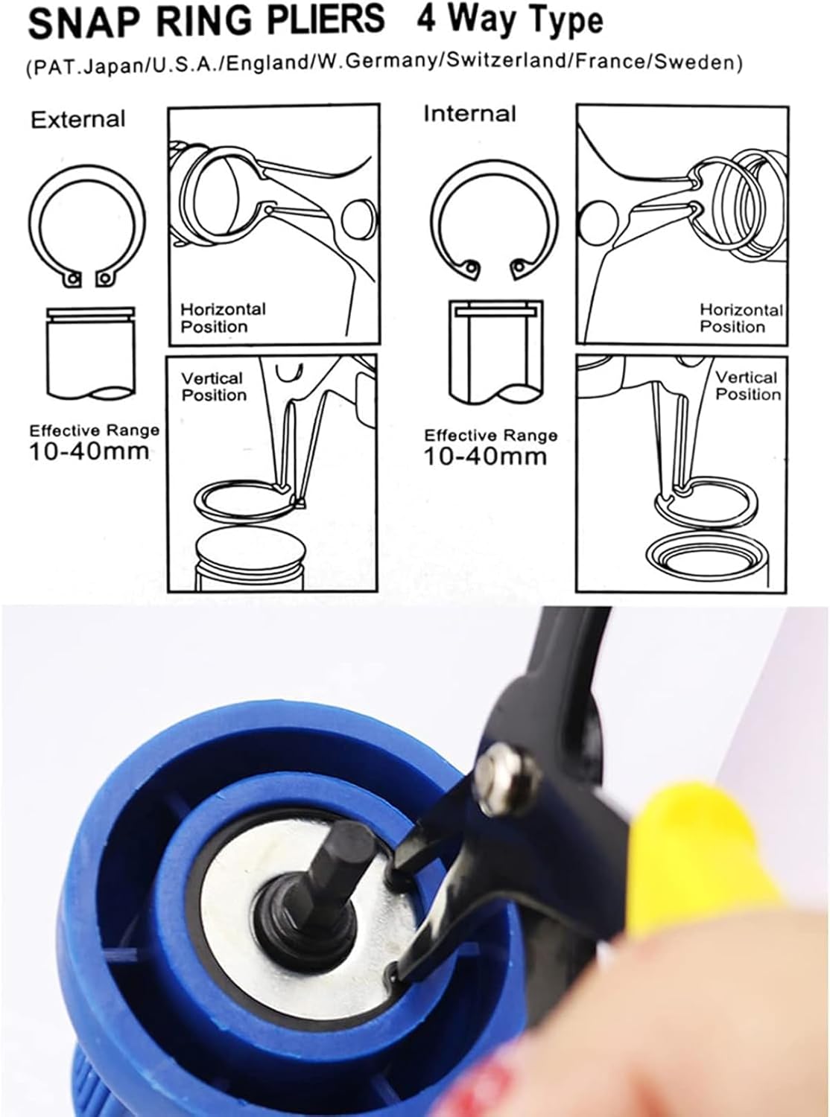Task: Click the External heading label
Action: (78, 120)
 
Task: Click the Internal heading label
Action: (469, 114)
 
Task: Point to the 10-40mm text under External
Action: (89, 452)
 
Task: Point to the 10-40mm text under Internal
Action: (485, 456)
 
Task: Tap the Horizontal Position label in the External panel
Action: (223, 318)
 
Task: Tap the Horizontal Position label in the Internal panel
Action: (741, 318)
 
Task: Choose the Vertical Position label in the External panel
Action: (214, 386)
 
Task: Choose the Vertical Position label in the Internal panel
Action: (748, 385)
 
